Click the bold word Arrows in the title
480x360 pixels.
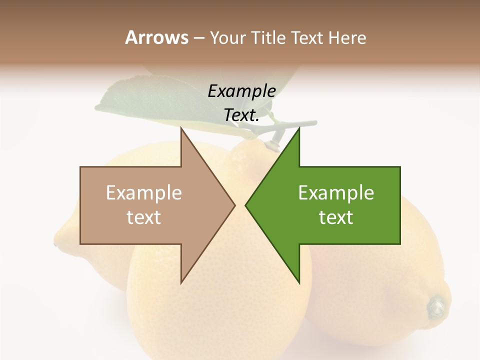click(x=156, y=37)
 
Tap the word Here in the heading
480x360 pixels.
click(x=347, y=37)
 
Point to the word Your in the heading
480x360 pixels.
click(x=227, y=38)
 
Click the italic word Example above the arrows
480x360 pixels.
click(x=242, y=91)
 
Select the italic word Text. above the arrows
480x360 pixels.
click(x=242, y=115)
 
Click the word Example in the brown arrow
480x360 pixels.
click(x=144, y=193)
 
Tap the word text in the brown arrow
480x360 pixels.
click(x=144, y=217)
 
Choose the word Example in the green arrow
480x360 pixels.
click(x=336, y=193)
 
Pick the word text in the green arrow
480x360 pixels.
click(x=336, y=217)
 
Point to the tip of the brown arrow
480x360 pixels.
click(x=235, y=205)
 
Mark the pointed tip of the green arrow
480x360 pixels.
click(x=245, y=205)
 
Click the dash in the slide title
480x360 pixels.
click(x=198, y=38)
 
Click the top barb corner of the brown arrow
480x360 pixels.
click(x=181, y=127)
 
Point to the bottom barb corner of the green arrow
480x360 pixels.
click(x=299, y=283)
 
